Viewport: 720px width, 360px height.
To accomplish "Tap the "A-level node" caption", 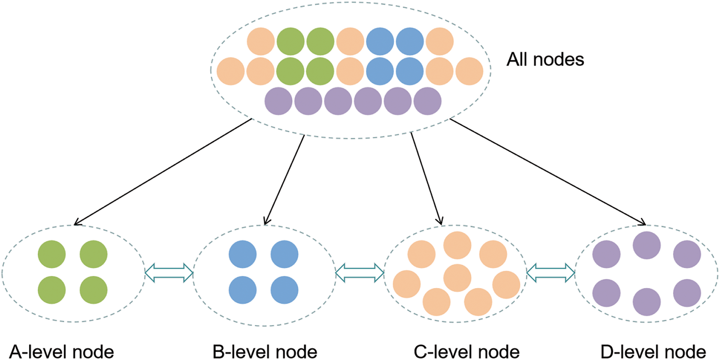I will pyautogui.click(x=61, y=352).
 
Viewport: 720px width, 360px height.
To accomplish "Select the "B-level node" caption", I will pyautogui.click(x=265, y=352).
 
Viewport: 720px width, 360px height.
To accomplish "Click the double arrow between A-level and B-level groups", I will pyautogui.click(x=169, y=273).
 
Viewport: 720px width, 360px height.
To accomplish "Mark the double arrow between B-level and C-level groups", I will pyautogui.click(x=360, y=273).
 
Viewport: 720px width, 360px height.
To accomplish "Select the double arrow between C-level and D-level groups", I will pyautogui.click(x=550, y=273).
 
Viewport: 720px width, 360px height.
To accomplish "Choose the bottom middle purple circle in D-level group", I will pyautogui.click(x=646, y=302).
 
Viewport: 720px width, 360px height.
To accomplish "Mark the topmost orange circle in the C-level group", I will pyautogui.click(x=457, y=245).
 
